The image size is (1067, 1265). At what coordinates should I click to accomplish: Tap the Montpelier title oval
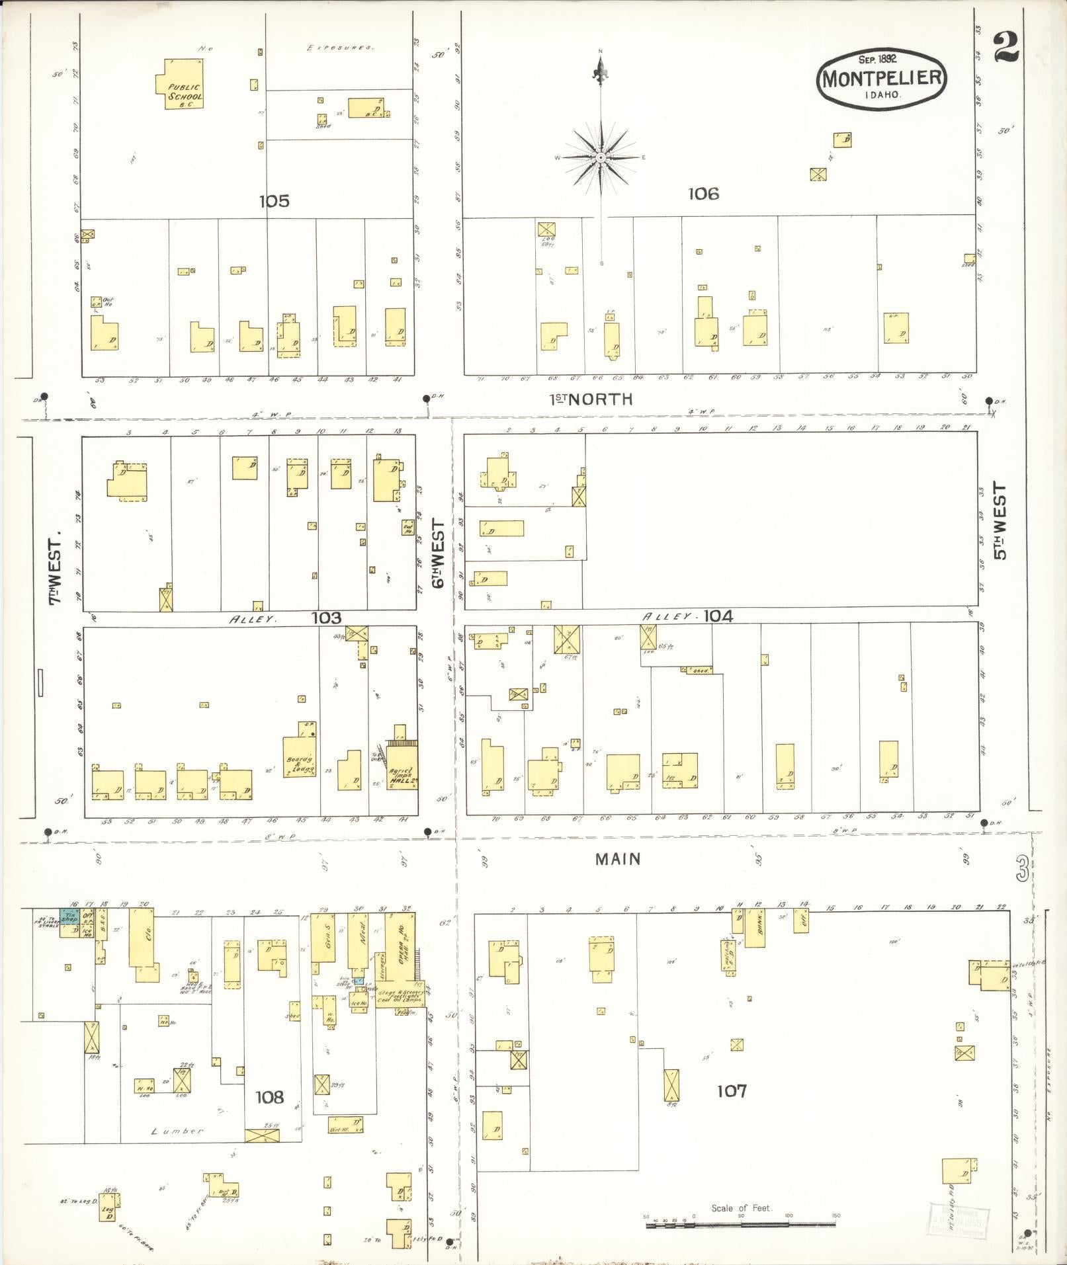(x=882, y=79)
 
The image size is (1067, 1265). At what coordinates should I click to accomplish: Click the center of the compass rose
(x=601, y=157)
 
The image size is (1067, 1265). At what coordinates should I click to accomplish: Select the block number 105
(x=274, y=201)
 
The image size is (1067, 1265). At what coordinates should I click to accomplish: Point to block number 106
(x=703, y=194)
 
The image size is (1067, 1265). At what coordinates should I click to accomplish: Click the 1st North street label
(x=591, y=399)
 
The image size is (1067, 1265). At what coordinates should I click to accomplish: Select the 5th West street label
(x=998, y=520)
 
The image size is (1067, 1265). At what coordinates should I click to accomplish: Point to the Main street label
(x=617, y=858)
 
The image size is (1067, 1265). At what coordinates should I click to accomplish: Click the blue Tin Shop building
(x=69, y=917)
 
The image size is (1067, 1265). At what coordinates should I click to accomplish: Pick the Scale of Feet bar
(x=741, y=1225)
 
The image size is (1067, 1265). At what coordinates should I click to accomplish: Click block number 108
(x=269, y=1097)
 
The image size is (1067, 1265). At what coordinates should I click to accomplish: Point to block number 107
(x=732, y=1090)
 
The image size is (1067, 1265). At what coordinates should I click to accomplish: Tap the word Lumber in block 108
(x=177, y=1131)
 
